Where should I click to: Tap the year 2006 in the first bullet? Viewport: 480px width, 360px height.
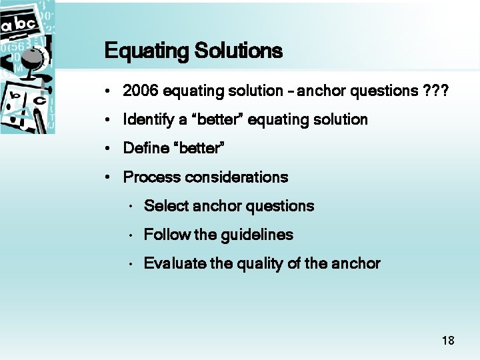click(141, 91)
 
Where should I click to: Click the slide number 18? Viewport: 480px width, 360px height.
click(448, 341)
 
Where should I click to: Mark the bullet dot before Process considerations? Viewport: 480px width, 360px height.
click(107, 178)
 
